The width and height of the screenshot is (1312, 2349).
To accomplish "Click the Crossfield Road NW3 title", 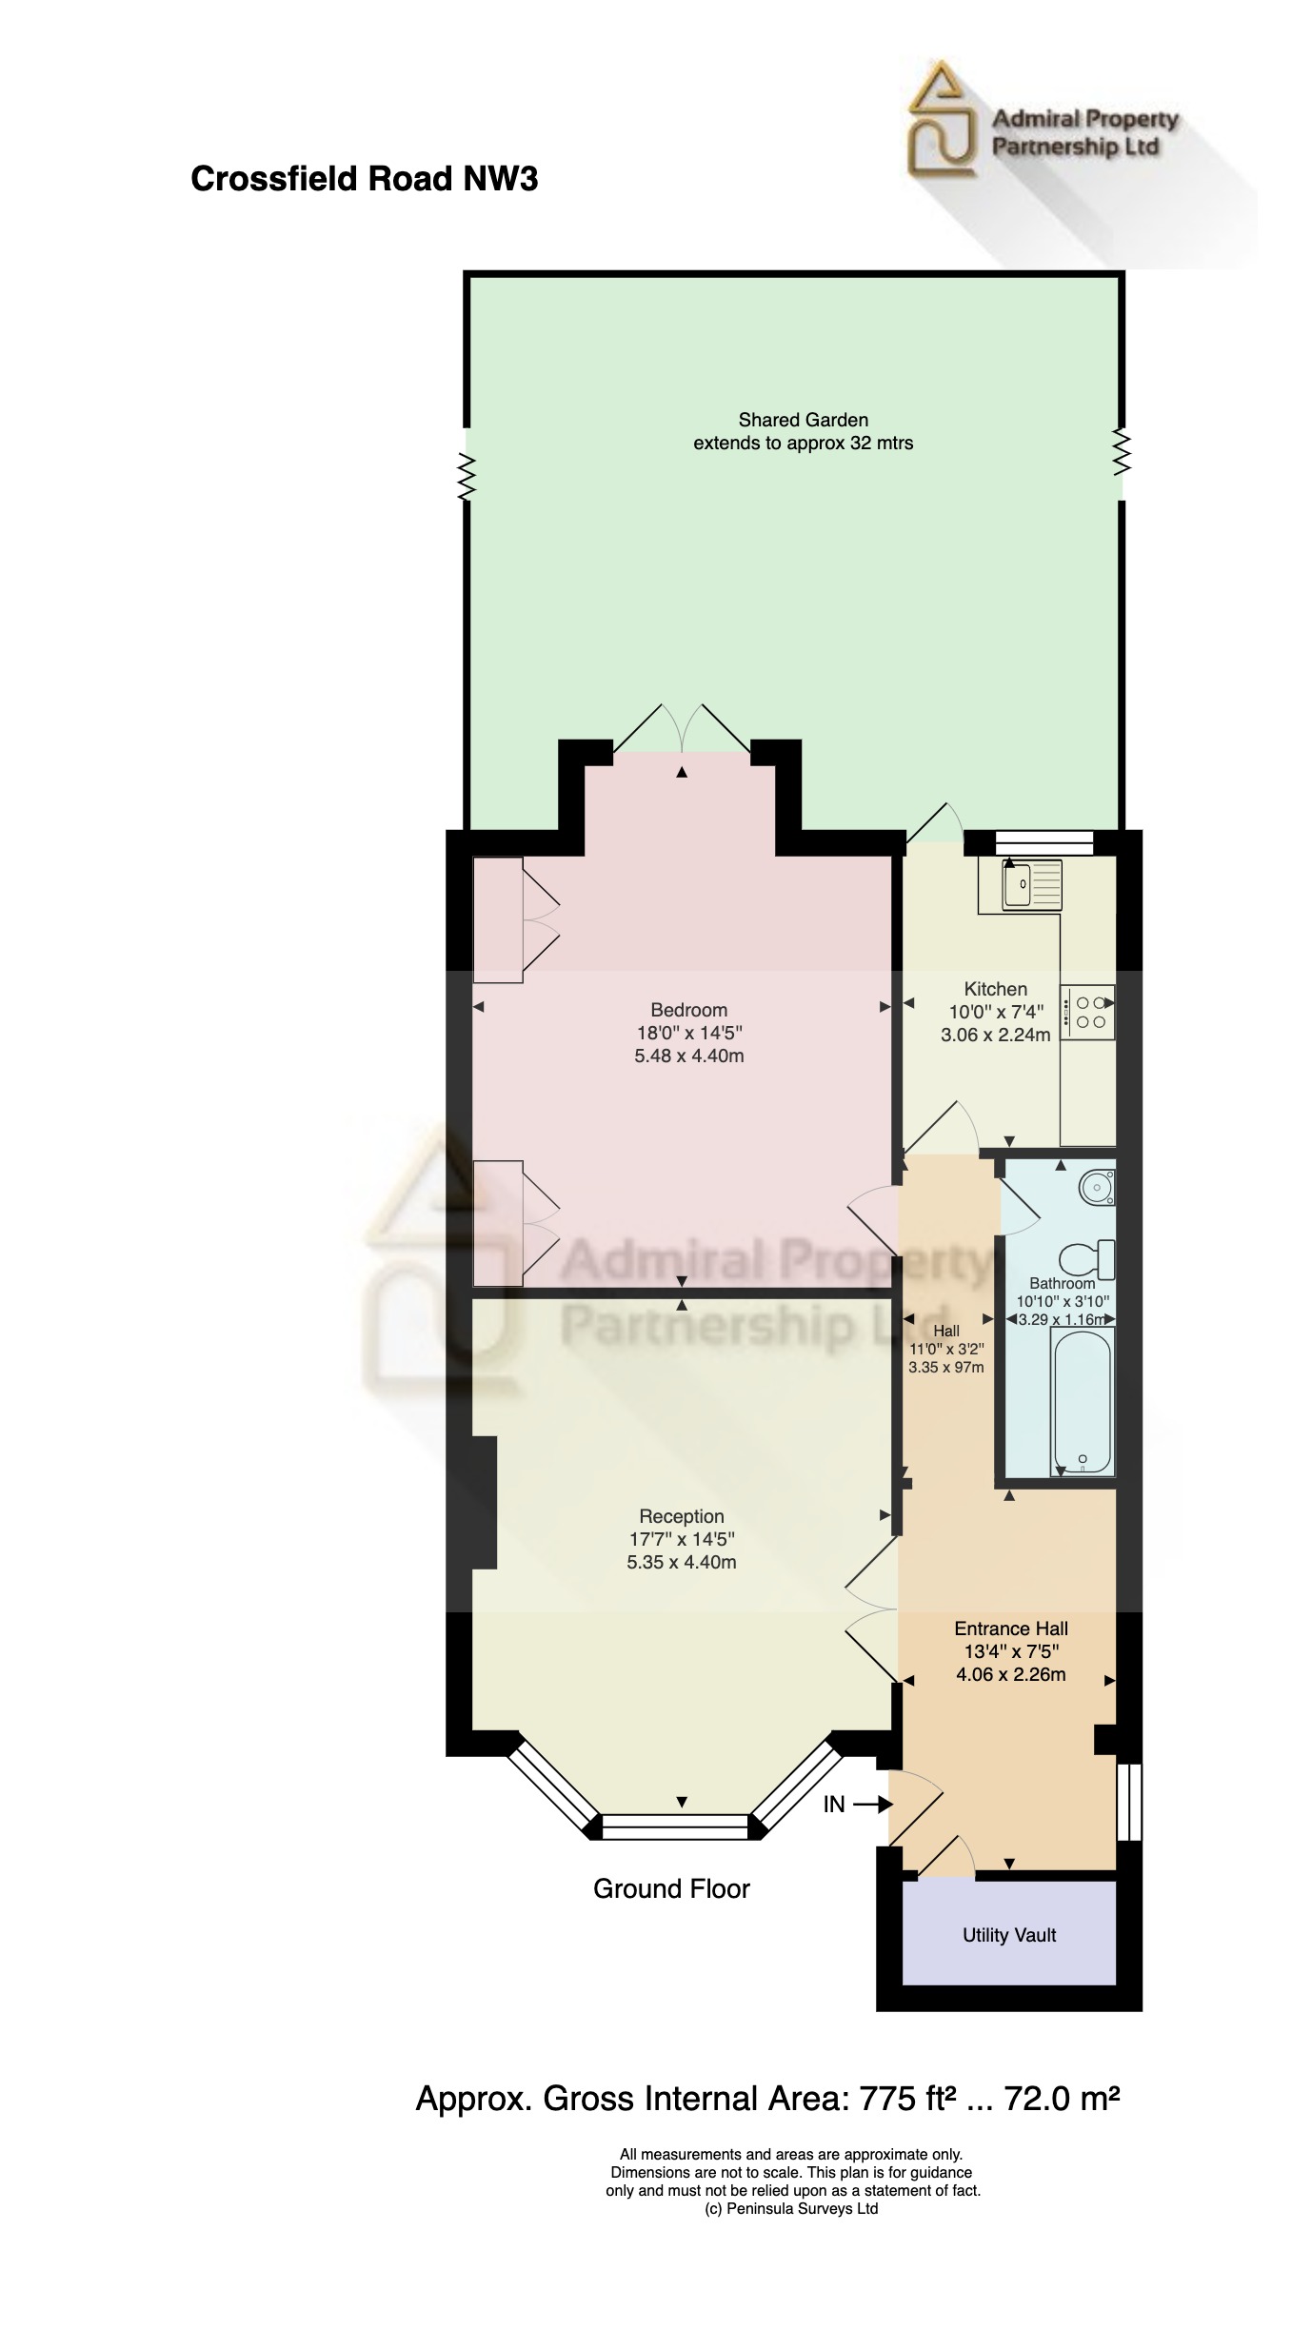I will click(x=364, y=179).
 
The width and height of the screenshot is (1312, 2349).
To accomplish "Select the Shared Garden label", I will click(x=803, y=420).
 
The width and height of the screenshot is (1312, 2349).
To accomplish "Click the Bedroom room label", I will click(x=688, y=1010).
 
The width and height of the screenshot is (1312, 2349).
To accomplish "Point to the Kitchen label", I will click(x=995, y=989).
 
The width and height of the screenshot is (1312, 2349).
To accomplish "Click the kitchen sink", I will click(x=1020, y=884).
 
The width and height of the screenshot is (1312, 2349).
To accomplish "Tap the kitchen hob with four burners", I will click(x=1089, y=1012).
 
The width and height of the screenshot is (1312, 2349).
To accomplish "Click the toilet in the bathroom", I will click(x=1087, y=1258).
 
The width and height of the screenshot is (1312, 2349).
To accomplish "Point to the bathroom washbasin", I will click(x=1096, y=1187).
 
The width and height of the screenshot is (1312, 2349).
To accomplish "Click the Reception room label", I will click(x=681, y=1516).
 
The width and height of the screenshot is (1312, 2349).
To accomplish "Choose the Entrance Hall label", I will click(x=1010, y=1629).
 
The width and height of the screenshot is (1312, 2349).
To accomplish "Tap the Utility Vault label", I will click(x=1009, y=1935).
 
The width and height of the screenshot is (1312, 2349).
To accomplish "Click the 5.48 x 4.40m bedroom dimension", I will click(x=688, y=1056).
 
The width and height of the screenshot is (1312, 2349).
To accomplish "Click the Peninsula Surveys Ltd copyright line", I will click(x=791, y=2208).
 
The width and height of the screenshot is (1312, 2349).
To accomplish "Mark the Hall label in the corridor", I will click(x=945, y=1331).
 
